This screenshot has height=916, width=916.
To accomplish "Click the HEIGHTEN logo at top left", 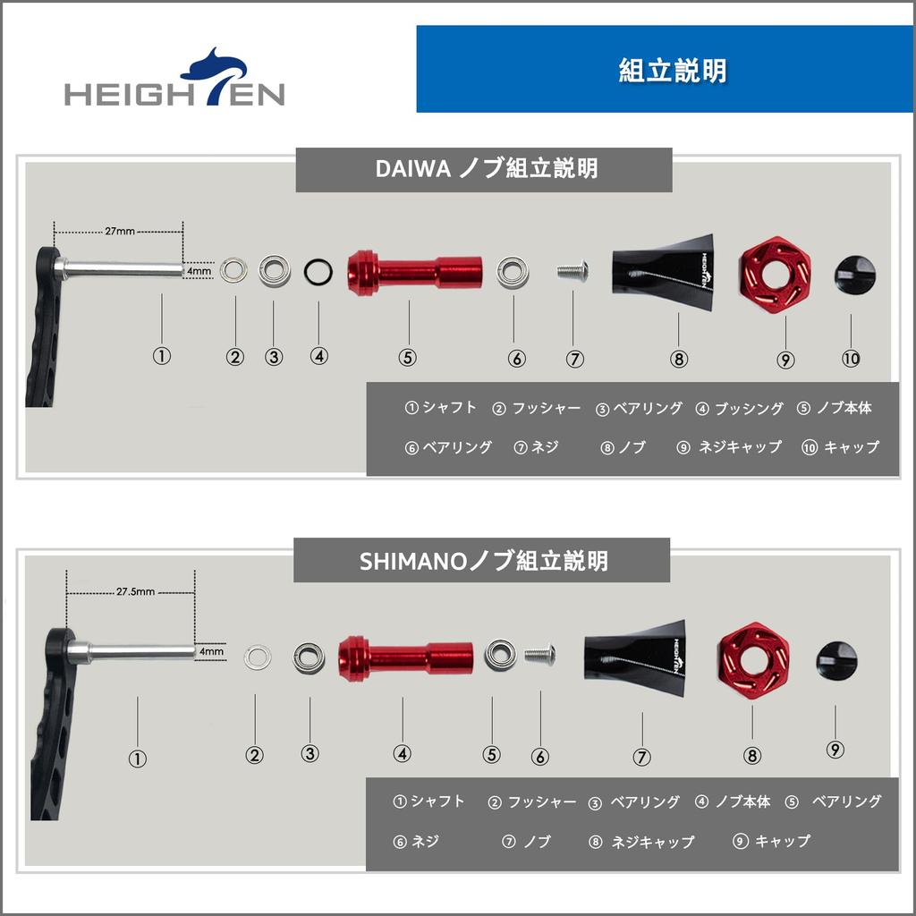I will (174, 80).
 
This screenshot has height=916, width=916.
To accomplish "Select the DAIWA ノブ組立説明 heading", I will (484, 168).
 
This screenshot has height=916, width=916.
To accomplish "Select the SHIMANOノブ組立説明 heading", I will (483, 561).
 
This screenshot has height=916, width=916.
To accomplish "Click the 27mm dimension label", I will (120, 231).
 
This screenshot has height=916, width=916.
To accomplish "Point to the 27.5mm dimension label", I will (135, 591).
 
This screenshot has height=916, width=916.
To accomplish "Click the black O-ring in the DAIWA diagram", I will (318, 269).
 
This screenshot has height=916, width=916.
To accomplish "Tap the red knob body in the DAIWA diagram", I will (414, 270).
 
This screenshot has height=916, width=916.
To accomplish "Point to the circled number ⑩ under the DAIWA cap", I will (850, 358).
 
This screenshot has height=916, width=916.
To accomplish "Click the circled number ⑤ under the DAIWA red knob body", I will (408, 357).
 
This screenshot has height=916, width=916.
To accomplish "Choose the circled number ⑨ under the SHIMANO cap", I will (835, 751).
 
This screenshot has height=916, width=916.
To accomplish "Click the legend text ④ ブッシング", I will (739, 408).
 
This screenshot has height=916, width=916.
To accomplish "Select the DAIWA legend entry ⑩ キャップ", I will (840, 447).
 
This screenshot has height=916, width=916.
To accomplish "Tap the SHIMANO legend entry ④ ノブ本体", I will (733, 801).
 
